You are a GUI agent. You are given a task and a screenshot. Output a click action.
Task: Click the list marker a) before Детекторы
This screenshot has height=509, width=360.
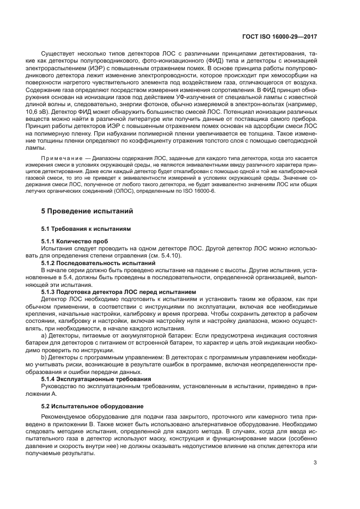point(44,337)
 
